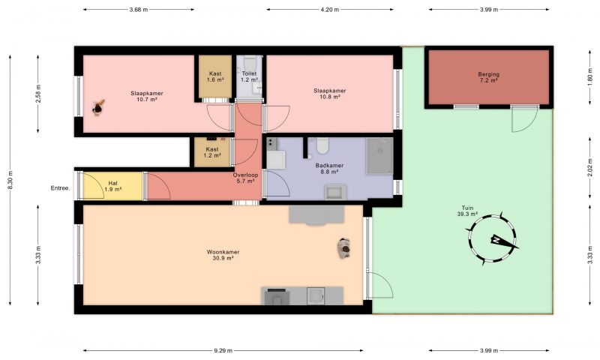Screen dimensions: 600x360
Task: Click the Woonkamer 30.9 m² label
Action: pos(223,255)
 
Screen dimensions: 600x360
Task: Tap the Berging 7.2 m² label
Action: pos(489,77)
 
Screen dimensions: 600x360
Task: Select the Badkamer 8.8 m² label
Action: pos(329,169)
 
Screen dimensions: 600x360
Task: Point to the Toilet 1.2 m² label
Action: pos(249,76)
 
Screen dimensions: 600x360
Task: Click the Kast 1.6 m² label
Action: pos(215,76)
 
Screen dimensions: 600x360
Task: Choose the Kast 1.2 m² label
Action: pos(212,152)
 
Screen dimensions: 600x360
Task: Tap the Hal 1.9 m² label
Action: pos(113,186)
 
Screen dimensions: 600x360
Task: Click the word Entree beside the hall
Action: pos(61,187)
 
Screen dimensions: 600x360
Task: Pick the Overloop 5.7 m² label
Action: pos(245,178)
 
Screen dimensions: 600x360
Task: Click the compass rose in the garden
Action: pos(492,239)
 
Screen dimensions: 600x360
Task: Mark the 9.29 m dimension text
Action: pos(223,350)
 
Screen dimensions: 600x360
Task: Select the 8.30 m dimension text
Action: pos(10,179)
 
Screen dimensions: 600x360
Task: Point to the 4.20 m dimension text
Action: pos(329,10)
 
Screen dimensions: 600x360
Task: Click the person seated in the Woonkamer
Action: pos(344,248)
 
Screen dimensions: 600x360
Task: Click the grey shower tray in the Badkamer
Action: pos(379,156)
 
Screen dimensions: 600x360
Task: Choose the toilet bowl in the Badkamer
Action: pos(322,145)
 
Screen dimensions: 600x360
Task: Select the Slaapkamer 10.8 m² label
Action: pos(329,94)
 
